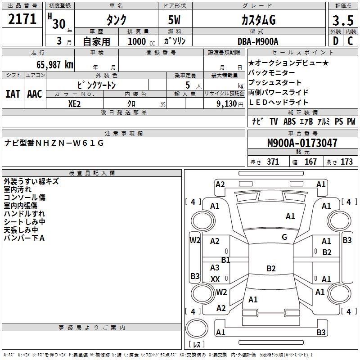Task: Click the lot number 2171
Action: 22,19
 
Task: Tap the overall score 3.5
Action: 342,20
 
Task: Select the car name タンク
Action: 116,20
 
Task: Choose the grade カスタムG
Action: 258,20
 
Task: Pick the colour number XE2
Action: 75,103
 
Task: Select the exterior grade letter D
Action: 335,41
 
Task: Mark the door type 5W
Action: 175,20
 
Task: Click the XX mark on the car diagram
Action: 215,279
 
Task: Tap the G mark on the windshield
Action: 284,237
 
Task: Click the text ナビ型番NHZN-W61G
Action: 54,143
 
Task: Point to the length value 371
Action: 272,162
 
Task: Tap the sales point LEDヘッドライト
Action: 279,102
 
